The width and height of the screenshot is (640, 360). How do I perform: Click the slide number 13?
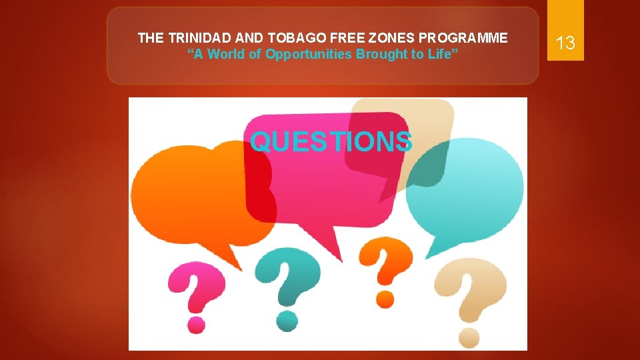pos(565,43)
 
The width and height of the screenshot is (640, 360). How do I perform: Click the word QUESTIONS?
pos(331,141)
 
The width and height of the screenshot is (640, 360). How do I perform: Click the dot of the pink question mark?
pos(196,324)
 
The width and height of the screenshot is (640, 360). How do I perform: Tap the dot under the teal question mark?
pos(287,319)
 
